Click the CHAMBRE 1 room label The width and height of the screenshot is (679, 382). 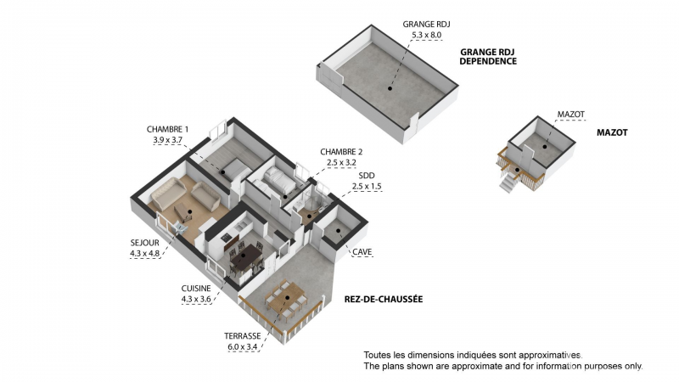point(167,129)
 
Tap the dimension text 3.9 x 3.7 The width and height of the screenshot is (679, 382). point(167,139)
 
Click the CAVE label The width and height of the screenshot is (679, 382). point(362,252)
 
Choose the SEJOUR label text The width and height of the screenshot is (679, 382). point(144,243)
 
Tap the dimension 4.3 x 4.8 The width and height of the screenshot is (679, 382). point(144,253)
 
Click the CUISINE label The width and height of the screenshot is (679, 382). point(196,288)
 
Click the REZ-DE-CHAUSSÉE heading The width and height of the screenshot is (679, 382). point(384,300)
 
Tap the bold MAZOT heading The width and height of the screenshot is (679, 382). point(612,133)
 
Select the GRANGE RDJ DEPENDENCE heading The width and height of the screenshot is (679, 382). point(488,56)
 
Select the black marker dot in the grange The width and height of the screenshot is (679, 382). point(391,86)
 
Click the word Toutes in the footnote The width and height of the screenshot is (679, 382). point(379,354)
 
